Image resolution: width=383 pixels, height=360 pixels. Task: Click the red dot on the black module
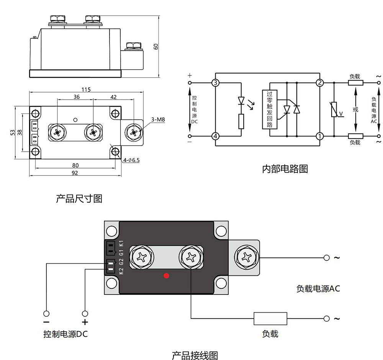point(166,275)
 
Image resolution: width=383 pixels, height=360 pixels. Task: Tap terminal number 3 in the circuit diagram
point(215,83)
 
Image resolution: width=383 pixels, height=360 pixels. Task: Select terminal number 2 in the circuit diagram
point(319,83)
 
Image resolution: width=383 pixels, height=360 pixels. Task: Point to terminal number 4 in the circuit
point(215,136)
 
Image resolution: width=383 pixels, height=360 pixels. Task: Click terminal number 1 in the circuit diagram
point(319,136)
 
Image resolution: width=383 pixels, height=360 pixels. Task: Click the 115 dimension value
point(86,90)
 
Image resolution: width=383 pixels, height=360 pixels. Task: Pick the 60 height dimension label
point(156,46)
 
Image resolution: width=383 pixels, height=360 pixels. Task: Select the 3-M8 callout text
point(157,120)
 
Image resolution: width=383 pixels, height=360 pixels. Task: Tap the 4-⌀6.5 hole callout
point(131,160)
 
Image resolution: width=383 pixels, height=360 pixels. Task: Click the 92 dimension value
point(75,173)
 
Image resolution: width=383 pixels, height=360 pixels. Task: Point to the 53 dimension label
point(13,132)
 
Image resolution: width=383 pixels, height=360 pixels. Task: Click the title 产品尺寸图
point(79,199)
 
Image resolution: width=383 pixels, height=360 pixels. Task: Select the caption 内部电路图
point(285,169)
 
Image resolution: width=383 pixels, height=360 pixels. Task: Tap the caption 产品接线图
point(195,355)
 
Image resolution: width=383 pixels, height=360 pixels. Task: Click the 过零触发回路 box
point(269,109)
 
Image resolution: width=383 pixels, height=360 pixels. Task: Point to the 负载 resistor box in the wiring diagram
point(270,318)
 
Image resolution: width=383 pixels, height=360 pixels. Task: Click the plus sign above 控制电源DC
point(85,322)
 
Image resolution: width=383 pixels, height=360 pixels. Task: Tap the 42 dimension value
point(113,97)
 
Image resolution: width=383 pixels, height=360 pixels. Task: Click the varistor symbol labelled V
point(334,110)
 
